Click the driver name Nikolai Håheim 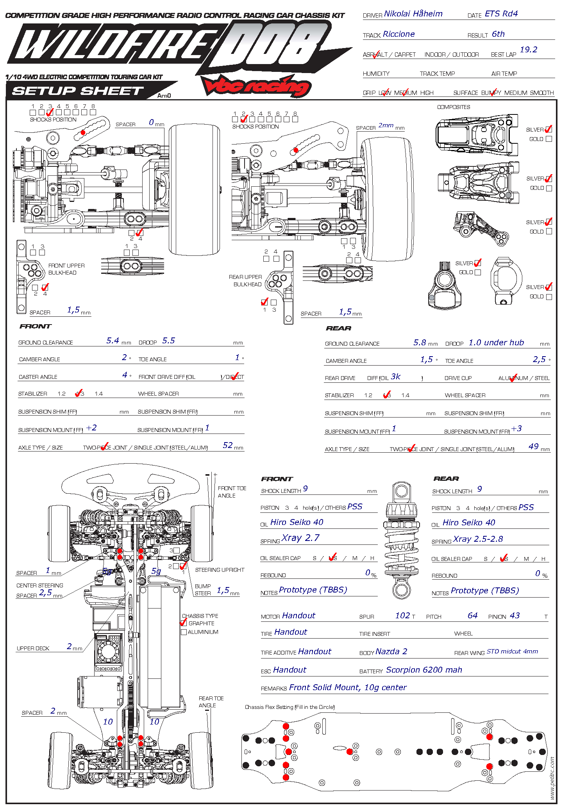click(x=413, y=14)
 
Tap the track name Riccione click(x=398, y=34)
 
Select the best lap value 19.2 click(x=528, y=50)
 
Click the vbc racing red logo click(x=256, y=86)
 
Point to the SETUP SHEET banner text click(x=78, y=91)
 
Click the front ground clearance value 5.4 click(x=113, y=341)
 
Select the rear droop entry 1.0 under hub click(x=496, y=343)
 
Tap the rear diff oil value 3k click(x=395, y=377)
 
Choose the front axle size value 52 click(x=227, y=445)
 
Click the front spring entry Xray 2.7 click(x=300, y=538)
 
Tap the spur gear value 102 click(x=402, y=616)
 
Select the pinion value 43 click(x=515, y=616)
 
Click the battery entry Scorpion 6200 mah click(x=423, y=670)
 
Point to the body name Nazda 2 click(x=391, y=651)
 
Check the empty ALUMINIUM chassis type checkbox click(x=184, y=632)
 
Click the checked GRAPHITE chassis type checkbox click(x=184, y=623)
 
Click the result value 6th click(x=498, y=34)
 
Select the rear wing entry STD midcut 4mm click(x=512, y=651)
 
